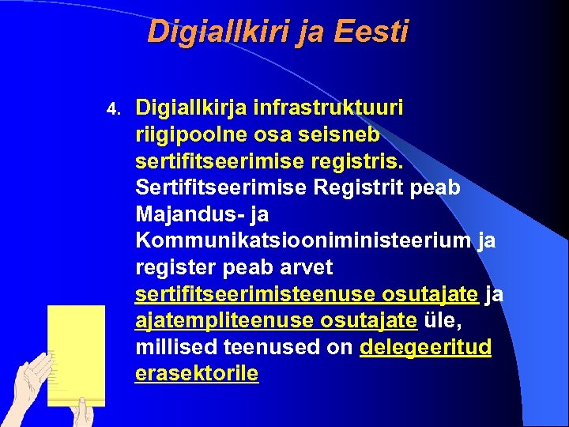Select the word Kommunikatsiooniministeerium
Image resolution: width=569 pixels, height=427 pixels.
point(305,241)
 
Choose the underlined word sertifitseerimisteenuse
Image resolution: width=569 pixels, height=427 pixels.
point(256,294)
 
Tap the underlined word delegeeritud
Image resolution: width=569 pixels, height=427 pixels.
point(425,348)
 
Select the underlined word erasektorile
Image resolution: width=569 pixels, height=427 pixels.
point(197,374)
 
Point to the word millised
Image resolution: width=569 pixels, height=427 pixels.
point(176,348)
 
